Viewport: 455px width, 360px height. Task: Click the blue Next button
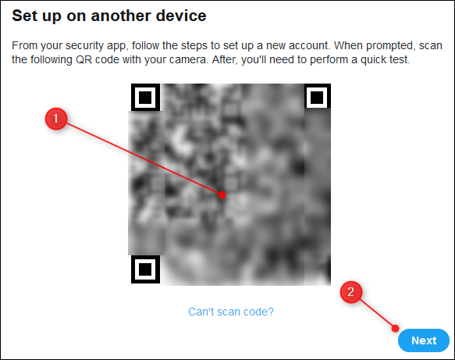424,340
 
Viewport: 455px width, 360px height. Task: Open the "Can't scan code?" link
231,312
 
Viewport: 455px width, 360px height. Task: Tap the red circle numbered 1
56,119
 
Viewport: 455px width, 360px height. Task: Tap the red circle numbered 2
351,292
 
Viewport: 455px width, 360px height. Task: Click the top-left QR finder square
145,98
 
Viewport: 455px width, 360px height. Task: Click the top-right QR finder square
317,97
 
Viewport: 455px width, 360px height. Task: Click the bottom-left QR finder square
145,269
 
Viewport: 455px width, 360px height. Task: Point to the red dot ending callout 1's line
222,194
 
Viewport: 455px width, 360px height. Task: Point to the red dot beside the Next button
395,328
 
